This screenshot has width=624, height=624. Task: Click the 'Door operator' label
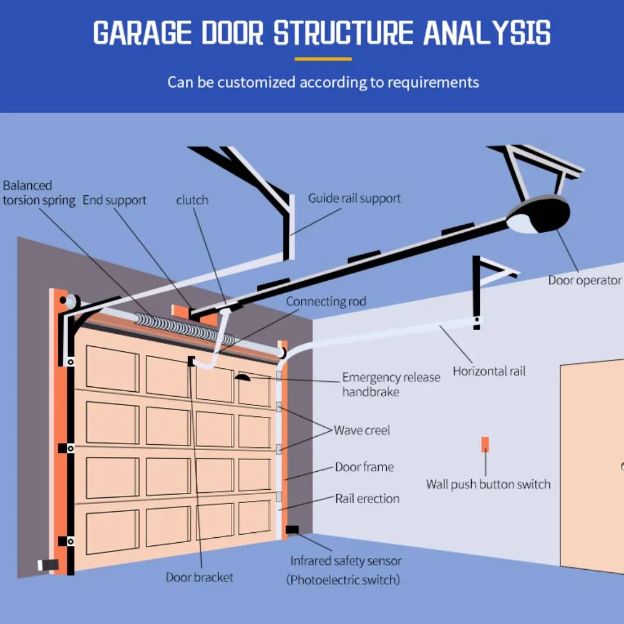point(585,280)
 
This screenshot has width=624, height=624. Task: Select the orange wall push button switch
point(485,444)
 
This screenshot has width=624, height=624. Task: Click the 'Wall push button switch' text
point(488,484)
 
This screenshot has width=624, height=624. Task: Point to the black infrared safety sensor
point(291,530)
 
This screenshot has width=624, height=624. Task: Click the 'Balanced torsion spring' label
point(38,193)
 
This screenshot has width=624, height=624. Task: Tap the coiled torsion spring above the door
point(187,329)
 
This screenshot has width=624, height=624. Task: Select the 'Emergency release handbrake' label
point(391,384)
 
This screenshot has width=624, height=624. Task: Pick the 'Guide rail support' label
point(354,198)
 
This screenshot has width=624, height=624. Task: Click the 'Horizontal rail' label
point(489,371)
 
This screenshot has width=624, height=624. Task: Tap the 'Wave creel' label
point(362,431)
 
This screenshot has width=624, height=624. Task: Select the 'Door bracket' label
point(199,577)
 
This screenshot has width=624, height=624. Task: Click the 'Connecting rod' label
point(326,301)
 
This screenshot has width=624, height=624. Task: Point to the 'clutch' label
point(192,200)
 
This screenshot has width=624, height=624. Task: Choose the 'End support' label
point(114,200)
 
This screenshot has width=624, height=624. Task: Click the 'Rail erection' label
point(367,499)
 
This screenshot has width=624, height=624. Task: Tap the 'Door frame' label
point(364,467)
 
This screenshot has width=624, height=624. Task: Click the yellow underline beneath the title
point(323,59)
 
